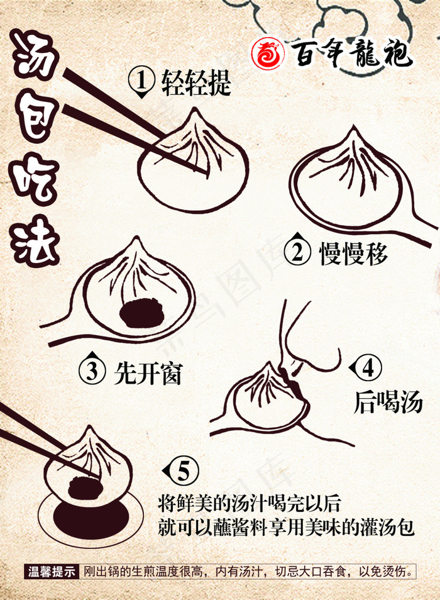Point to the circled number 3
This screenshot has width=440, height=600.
click(x=92, y=371)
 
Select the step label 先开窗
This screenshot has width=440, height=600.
click(x=148, y=373)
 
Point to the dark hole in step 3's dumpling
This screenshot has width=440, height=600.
click(x=141, y=313)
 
